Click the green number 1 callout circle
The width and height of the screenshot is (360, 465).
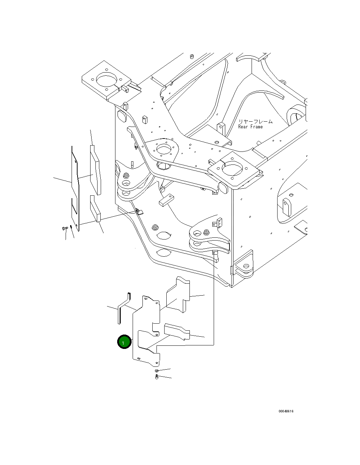(124, 342)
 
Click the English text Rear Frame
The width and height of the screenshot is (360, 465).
(250, 127)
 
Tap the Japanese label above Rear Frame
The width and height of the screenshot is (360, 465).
(255, 122)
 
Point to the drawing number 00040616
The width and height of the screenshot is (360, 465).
(286, 411)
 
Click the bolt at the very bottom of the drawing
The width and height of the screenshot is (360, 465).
(156, 377)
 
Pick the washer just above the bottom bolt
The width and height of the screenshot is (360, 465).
(156, 371)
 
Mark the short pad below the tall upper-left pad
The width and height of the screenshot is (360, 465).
(95, 210)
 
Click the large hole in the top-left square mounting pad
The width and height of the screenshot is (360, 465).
(106, 80)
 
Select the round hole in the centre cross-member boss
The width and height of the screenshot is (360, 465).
(163, 149)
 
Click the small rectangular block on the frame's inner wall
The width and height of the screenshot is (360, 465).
(166, 200)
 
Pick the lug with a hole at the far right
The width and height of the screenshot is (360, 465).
(286, 207)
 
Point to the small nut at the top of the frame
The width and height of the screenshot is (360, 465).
(192, 56)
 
